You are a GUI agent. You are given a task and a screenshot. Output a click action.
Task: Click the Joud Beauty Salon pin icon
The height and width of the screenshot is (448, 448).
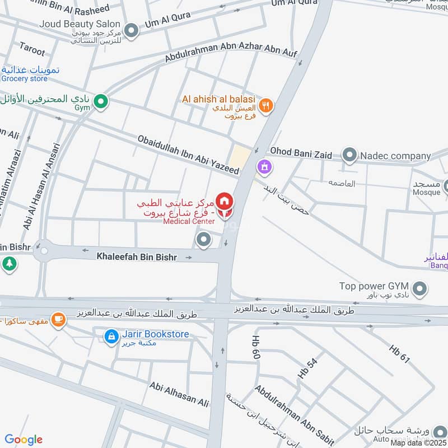click(131, 31)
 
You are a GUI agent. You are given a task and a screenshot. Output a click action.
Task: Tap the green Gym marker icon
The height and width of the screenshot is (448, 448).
click(101, 102)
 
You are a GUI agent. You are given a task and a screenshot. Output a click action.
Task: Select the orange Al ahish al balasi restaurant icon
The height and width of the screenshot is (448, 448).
click(267, 104)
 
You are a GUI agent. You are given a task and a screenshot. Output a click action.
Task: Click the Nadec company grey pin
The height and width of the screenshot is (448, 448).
click(349, 156)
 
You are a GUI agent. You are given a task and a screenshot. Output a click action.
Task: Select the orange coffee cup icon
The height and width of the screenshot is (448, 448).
click(58, 320)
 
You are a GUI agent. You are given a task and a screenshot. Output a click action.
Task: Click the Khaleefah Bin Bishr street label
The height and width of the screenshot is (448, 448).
click(137, 257)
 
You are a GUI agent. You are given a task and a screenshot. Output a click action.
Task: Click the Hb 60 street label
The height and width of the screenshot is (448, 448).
click(256, 347)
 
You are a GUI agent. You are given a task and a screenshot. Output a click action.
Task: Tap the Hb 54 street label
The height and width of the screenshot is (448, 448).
click(307, 368)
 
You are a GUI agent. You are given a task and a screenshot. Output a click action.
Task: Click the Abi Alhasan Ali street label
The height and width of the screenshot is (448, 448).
click(179, 394)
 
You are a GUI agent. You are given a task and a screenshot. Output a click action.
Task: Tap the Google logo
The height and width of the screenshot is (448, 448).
click(24, 440)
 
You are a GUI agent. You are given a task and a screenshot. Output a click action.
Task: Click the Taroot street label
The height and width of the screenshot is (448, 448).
click(32, 50)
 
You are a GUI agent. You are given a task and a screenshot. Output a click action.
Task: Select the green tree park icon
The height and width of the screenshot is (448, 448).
click(9, 263)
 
